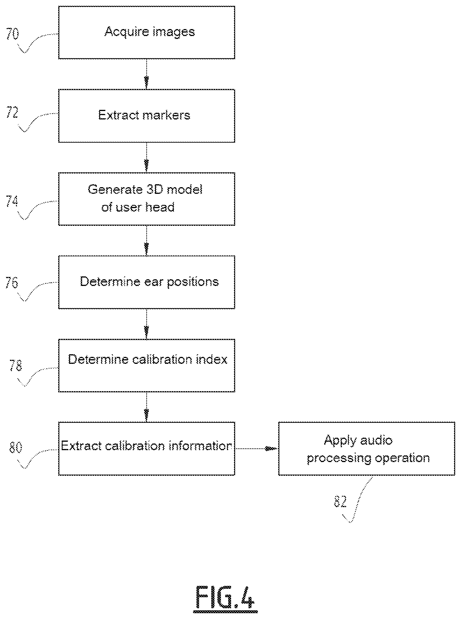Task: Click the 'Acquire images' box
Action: [147, 33]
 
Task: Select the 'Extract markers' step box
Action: [147, 116]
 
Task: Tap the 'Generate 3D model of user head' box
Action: [147, 199]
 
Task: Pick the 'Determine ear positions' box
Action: [147, 282]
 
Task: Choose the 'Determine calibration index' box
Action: [147, 366]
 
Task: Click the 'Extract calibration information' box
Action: [147, 449]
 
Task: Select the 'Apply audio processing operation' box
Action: [367, 449]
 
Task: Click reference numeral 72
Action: [12, 113]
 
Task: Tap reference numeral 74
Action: [12, 201]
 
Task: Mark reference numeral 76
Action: [12, 282]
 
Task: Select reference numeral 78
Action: [15, 366]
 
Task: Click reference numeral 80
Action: [15, 448]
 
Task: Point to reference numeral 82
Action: [340, 501]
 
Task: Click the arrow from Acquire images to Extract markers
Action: [146, 74]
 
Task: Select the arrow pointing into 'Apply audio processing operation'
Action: [257, 449]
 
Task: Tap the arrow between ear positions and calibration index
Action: [146, 324]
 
